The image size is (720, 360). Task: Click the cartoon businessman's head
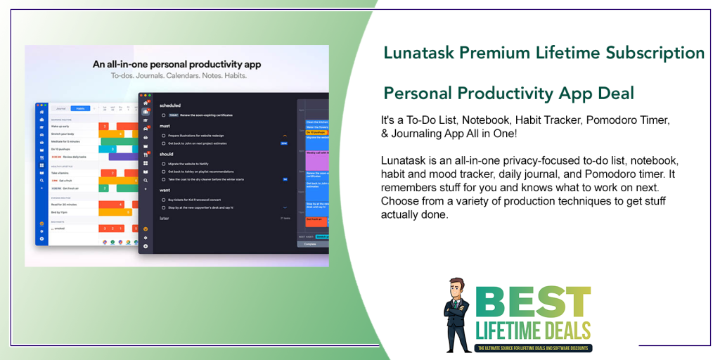458,290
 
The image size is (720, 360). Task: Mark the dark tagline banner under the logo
533,347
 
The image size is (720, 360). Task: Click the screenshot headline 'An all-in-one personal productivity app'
176,64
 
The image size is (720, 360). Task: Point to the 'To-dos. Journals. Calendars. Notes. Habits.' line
176,75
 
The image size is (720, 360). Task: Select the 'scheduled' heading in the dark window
170,105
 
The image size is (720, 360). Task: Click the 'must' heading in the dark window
166,127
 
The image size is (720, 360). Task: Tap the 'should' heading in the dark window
167,154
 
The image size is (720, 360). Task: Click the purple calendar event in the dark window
314,157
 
